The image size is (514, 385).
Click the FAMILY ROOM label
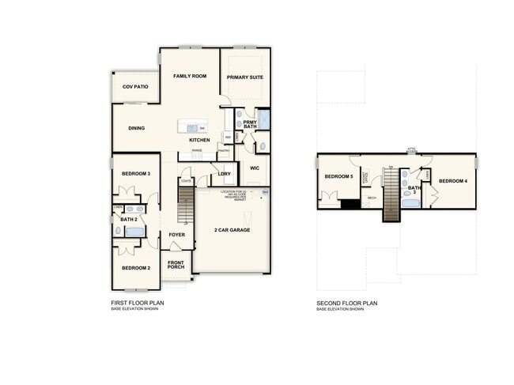tap(190, 76)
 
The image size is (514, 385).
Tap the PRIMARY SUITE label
tap(244, 77)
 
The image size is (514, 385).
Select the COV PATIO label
tap(135, 86)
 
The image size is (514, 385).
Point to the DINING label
tap(136, 128)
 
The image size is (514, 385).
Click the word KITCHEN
tap(199, 140)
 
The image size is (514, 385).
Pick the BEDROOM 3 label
tap(136, 172)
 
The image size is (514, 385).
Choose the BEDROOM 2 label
tap(136, 268)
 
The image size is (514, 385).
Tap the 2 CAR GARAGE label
tap(231, 230)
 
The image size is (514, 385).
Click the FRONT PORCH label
tap(176, 265)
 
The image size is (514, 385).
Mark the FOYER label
tap(176, 235)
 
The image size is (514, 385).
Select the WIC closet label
tap(255, 168)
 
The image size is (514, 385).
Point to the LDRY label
tap(224, 174)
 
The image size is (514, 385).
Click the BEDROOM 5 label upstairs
tap(338, 176)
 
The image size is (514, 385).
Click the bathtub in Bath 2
tap(135, 232)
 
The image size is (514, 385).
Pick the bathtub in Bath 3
tap(410, 203)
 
